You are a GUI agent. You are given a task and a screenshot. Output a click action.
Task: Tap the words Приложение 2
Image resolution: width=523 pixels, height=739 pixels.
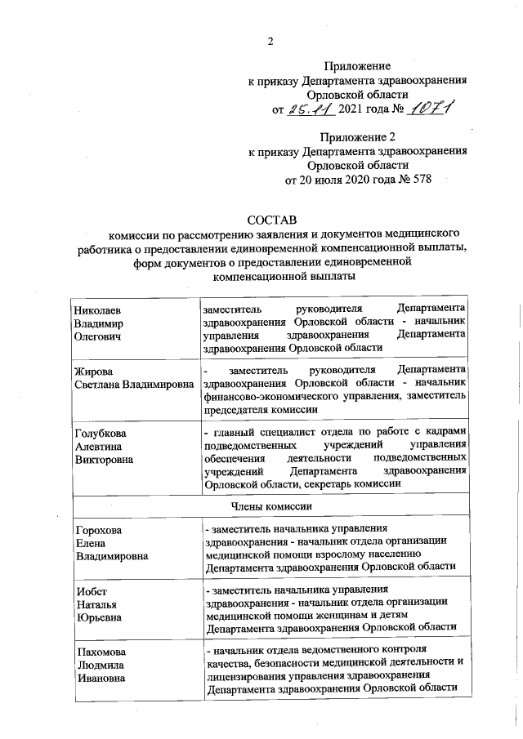coord(357,136)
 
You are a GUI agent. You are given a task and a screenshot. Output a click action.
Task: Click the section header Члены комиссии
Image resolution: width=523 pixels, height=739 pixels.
coord(270,506)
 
